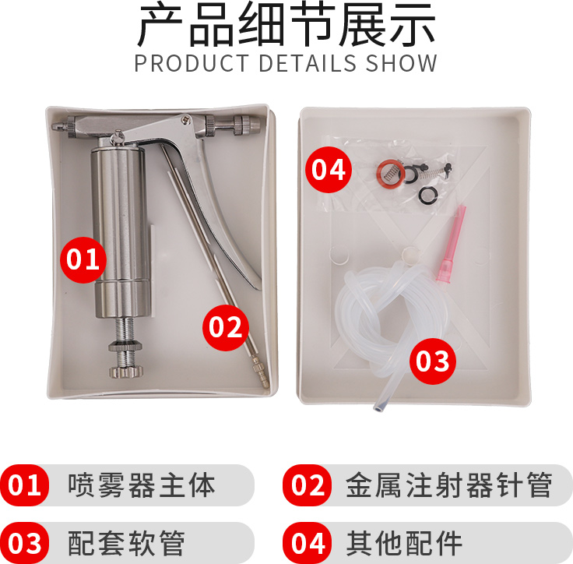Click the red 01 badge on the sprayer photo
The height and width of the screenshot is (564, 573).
point(83,259)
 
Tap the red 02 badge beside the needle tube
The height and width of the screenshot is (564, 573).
point(226,328)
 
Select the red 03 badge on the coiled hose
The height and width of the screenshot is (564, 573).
point(433,361)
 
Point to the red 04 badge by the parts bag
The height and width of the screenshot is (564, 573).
point(329,170)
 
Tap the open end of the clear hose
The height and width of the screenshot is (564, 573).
point(379,406)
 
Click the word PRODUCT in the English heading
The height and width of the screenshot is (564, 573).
point(192,63)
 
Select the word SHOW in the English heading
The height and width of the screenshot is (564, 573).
point(401,63)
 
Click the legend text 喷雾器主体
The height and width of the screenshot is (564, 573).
point(142,485)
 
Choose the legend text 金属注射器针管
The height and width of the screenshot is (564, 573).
point(449,485)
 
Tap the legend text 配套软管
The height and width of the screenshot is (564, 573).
point(126,543)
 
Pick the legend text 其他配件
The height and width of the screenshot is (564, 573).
point(404,543)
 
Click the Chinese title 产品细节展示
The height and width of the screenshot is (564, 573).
point(286,24)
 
